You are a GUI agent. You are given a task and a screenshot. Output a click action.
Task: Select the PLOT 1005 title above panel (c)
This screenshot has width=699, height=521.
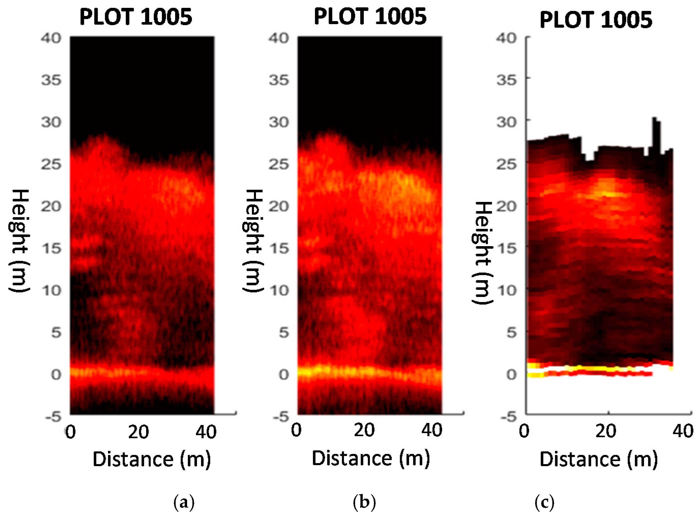click(x=596, y=20)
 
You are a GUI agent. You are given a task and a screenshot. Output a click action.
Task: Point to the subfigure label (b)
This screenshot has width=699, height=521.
click(x=364, y=502)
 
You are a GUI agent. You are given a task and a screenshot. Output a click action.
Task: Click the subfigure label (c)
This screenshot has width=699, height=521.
click(x=544, y=502)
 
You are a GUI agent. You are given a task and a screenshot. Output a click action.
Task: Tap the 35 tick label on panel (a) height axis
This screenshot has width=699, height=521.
click(x=51, y=80)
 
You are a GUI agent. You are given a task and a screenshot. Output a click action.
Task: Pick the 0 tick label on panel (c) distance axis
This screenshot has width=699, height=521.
click(x=524, y=431)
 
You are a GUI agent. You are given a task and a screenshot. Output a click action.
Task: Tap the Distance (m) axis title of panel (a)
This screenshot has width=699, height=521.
click(x=151, y=459)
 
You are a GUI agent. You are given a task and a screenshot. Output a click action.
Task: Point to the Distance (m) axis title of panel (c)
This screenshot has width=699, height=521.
click(x=599, y=459)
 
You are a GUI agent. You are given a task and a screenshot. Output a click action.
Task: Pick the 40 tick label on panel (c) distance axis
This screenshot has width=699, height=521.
click(x=682, y=431)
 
